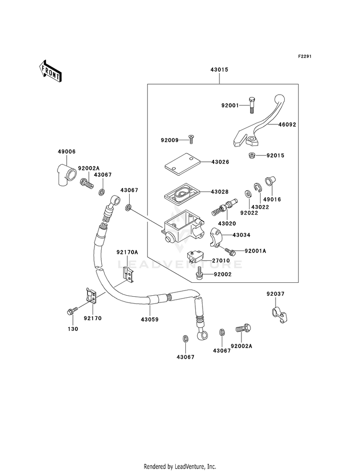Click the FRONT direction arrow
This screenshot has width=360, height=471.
50,71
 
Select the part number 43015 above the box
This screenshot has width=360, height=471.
219,70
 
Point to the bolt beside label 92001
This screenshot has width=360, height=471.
251,106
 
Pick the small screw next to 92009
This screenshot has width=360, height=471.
191,140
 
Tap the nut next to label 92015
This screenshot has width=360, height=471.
252,155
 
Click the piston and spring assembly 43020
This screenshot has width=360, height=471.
225,206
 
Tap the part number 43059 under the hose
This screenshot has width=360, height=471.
150,319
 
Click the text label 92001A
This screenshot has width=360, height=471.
255,251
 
